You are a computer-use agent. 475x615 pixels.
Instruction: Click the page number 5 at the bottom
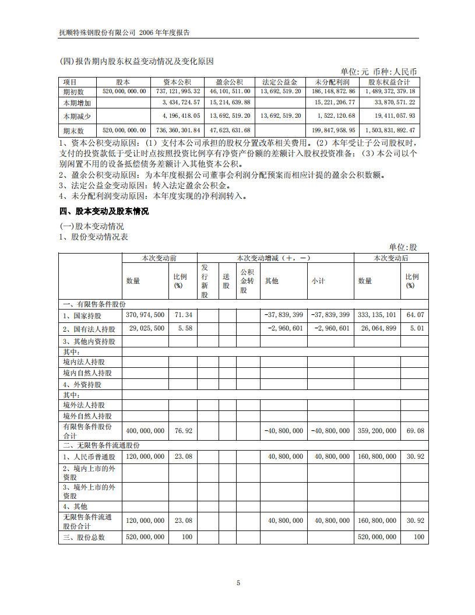click(x=238, y=582)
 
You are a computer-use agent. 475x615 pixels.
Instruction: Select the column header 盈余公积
click(x=226, y=82)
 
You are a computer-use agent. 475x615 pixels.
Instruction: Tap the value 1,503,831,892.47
click(x=390, y=131)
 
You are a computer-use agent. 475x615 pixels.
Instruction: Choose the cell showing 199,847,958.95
click(x=334, y=131)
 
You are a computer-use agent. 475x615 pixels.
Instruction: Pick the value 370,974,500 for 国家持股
click(x=145, y=315)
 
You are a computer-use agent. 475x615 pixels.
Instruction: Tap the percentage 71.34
click(x=183, y=315)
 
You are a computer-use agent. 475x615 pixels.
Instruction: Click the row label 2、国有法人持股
click(x=90, y=329)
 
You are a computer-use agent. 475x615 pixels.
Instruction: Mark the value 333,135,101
click(x=377, y=315)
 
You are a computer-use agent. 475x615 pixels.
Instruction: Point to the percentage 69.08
click(x=415, y=431)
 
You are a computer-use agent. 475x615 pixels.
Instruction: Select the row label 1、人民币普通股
click(x=90, y=456)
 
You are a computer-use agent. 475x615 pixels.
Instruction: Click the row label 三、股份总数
click(x=85, y=537)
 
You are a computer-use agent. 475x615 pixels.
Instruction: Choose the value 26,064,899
click(x=377, y=329)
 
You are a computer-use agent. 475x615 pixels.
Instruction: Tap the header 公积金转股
click(x=247, y=280)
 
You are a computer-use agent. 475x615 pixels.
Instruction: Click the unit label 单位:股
click(x=403, y=248)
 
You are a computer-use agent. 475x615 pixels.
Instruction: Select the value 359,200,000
click(x=377, y=431)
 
